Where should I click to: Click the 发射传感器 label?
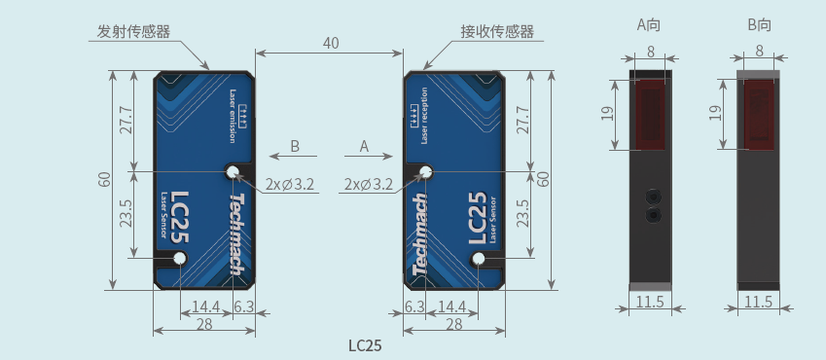coord(134,32)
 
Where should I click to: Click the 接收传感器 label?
coord(497,32)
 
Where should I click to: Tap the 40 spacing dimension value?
coord(331,43)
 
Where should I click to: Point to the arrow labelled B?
coord(293,156)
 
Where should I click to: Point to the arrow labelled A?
coord(369,156)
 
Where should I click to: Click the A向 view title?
coord(649,24)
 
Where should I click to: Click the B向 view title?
coord(759,24)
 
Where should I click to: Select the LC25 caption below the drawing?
coord(365,345)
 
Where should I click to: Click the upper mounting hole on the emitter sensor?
coord(233,171)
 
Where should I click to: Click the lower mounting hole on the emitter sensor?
coord(180,258)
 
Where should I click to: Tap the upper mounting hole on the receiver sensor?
coord(425,171)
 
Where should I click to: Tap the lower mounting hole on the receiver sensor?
coord(479,258)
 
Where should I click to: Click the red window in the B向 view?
coord(759,115)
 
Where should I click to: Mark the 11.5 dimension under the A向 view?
coord(650,302)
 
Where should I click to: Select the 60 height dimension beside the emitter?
coord(105,179)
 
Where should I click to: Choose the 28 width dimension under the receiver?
coord(454,324)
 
